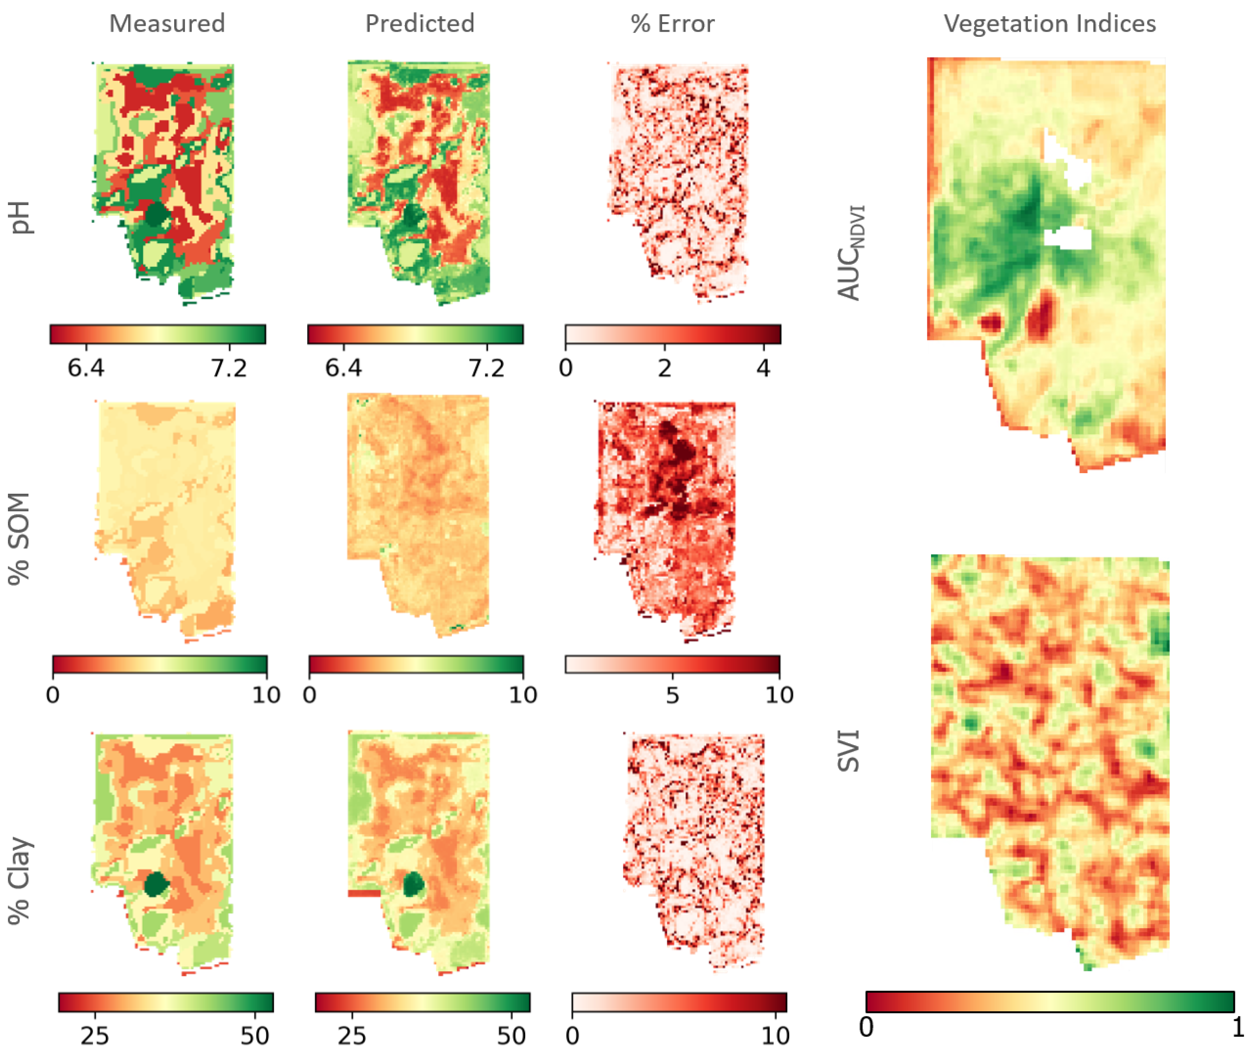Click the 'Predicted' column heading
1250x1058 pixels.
420,23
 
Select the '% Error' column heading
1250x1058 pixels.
672,23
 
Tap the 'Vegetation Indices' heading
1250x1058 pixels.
1049,23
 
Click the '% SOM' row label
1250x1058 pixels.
19,538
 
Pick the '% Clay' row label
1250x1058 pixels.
19,880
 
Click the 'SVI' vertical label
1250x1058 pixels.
848,750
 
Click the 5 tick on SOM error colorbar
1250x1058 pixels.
672,695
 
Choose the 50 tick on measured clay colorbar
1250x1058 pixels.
255,1035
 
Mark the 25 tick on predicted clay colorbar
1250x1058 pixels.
351,1035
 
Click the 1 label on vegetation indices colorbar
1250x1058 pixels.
1237,1028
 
